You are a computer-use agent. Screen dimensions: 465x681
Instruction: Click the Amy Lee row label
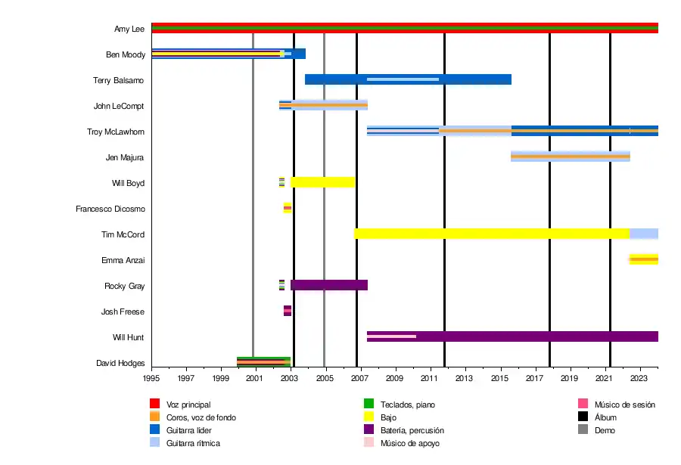click(x=129, y=29)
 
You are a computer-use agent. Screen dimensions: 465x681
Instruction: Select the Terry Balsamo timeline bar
click(x=408, y=79)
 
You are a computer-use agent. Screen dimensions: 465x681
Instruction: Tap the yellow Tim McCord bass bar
click(x=492, y=234)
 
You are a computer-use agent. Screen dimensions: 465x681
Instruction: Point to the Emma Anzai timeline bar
click(x=644, y=259)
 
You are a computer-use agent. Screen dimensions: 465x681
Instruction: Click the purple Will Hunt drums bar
click(x=530, y=336)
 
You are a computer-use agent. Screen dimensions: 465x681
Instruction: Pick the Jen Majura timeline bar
click(x=570, y=157)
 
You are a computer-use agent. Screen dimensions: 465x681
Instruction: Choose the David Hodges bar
click(x=263, y=362)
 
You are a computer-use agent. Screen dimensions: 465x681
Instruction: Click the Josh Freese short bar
click(x=288, y=311)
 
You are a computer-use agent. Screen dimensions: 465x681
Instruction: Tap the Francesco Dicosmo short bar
click(x=288, y=208)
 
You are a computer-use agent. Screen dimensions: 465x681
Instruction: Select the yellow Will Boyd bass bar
click(x=322, y=182)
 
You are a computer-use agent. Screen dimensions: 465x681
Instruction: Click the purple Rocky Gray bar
click(x=328, y=285)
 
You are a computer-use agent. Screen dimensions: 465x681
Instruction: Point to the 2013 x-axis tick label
click(x=465, y=378)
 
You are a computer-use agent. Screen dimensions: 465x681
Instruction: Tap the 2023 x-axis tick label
click(x=639, y=378)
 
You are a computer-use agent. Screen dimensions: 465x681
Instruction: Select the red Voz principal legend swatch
click(x=155, y=405)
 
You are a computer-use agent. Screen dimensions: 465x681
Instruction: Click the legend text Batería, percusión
click(x=412, y=430)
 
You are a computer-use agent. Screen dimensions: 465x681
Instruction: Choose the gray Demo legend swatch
click(x=583, y=430)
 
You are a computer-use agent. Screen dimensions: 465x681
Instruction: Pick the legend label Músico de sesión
click(x=624, y=405)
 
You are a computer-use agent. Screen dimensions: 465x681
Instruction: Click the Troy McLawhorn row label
click(x=115, y=132)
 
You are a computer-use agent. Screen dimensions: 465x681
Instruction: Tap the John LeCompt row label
click(x=119, y=107)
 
